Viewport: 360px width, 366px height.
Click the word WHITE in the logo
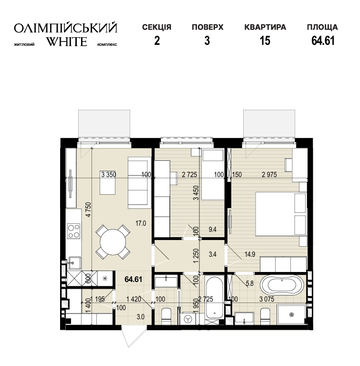[66, 42]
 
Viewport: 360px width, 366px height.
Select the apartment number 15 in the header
[265, 41]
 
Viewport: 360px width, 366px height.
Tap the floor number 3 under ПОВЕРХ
[207, 41]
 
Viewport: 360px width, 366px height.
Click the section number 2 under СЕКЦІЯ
[157, 41]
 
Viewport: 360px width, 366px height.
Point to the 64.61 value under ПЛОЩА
[323, 41]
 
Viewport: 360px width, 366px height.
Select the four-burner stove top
[74, 231]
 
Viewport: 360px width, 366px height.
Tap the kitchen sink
[75, 263]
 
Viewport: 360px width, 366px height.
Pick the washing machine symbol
[187, 318]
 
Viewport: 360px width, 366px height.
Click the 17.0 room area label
[141, 223]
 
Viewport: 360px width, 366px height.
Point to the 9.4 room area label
[212, 230]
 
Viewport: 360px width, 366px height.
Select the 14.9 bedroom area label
[250, 254]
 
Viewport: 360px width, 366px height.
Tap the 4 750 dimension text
[88, 209]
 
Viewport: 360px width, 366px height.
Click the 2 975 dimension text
[269, 174]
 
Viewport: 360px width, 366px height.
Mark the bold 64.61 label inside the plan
[134, 279]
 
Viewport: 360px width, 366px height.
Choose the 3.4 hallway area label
[212, 254]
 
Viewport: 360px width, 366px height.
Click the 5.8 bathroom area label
[250, 283]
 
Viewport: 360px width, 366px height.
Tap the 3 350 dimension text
[109, 174]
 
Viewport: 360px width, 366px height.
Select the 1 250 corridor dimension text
[196, 256]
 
